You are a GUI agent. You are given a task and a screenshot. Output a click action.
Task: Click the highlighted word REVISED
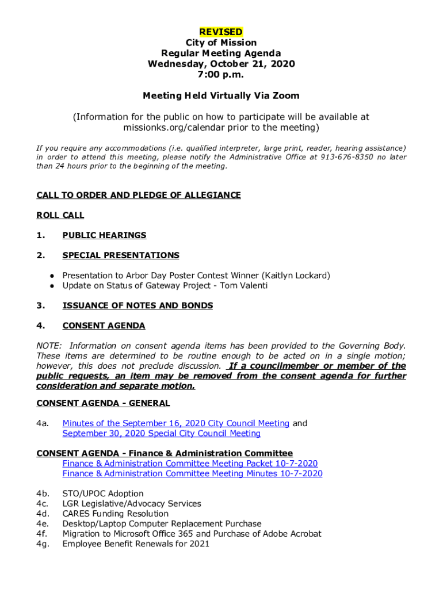point(221,32)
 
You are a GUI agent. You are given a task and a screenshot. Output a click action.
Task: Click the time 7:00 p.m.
point(221,74)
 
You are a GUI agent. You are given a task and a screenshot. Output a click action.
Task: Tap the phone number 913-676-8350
point(346,157)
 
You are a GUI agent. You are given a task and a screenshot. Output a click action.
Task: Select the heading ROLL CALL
point(60,215)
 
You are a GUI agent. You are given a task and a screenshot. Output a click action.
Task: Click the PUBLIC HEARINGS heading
point(104,235)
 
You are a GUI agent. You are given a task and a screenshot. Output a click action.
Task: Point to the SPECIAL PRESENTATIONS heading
point(121,255)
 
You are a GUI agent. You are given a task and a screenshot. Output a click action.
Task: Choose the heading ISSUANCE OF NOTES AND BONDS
point(138,305)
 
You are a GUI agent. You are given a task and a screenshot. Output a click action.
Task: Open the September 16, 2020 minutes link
point(175,423)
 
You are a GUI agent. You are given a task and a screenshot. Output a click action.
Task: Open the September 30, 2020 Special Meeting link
point(161,433)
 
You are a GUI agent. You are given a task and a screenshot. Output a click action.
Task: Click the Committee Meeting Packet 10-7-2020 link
point(190,464)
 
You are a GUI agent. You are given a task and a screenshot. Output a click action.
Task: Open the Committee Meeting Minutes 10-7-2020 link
point(192,473)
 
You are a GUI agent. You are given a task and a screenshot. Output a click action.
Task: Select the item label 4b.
point(43,494)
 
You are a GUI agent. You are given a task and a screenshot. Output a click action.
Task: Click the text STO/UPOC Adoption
point(103,494)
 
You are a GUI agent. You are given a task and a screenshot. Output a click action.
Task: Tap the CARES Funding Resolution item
point(116,514)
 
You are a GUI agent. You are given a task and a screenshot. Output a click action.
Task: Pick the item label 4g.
point(43,544)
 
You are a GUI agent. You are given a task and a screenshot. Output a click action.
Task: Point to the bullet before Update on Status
point(52,286)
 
